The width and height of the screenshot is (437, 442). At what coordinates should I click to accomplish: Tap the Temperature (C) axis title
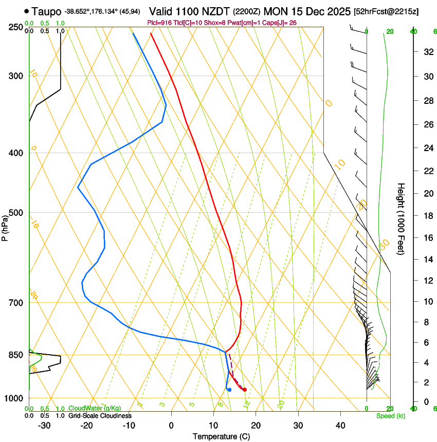click(x=221, y=436)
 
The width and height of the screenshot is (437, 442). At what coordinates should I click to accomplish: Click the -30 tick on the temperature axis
click(x=44, y=425)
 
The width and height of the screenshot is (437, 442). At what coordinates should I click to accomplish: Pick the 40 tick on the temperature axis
click(x=340, y=425)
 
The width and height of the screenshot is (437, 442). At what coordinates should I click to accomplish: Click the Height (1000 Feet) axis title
click(x=401, y=218)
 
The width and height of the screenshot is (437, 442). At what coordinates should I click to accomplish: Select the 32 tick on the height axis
click(x=427, y=52)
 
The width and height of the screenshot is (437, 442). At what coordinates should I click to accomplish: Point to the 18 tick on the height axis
click(x=427, y=216)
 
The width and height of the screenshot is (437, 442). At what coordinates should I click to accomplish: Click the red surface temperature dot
click(x=245, y=390)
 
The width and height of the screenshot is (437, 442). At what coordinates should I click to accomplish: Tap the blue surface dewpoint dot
click(x=229, y=390)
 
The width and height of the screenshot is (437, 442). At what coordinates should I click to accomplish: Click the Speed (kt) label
click(x=390, y=416)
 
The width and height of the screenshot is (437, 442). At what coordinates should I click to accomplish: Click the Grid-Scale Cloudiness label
click(x=99, y=416)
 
